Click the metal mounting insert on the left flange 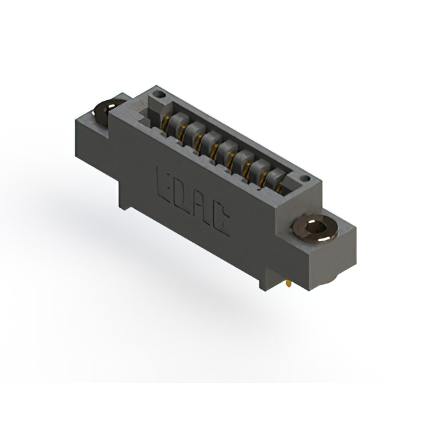pyautogui.click(x=105, y=112)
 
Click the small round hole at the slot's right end pyautogui.click(x=305, y=179)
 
